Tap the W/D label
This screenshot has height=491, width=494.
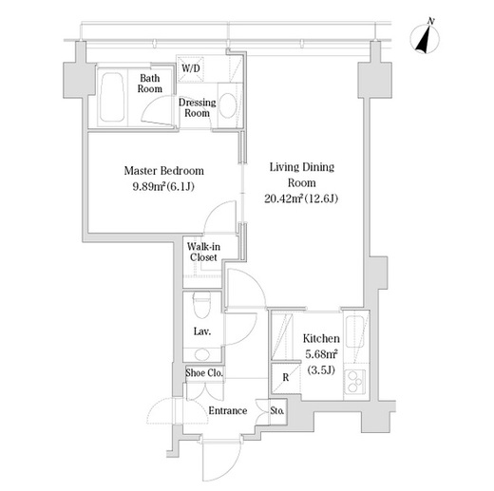click(x=191, y=67)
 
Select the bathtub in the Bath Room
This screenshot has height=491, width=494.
click(x=111, y=97)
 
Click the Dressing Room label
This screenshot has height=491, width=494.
click(x=197, y=107)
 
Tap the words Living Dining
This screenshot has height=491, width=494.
click(x=302, y=167)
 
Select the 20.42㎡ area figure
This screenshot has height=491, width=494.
click(x=283, y=198)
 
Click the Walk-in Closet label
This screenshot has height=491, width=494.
click(x=203, y=252)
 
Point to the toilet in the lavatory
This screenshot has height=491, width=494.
click(x=201, y=305)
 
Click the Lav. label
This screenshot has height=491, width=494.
click(x=202, y=331)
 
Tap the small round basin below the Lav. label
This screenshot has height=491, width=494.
click(x=201, y=355)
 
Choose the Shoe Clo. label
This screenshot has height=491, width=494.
click(x=204, y=372)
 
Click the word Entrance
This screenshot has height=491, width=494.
click(x=228, y=410)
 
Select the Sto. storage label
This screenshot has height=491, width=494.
click(x=277, y=411)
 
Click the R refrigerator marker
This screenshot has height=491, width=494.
click(x=286, y=377)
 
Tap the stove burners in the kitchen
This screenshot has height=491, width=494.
click(x=354, y=382)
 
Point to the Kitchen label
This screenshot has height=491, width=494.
click(x=321, y=338)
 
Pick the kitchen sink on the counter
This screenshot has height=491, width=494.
click(x=354, y=331)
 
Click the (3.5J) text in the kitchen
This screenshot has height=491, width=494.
click(x=321, y=369)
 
